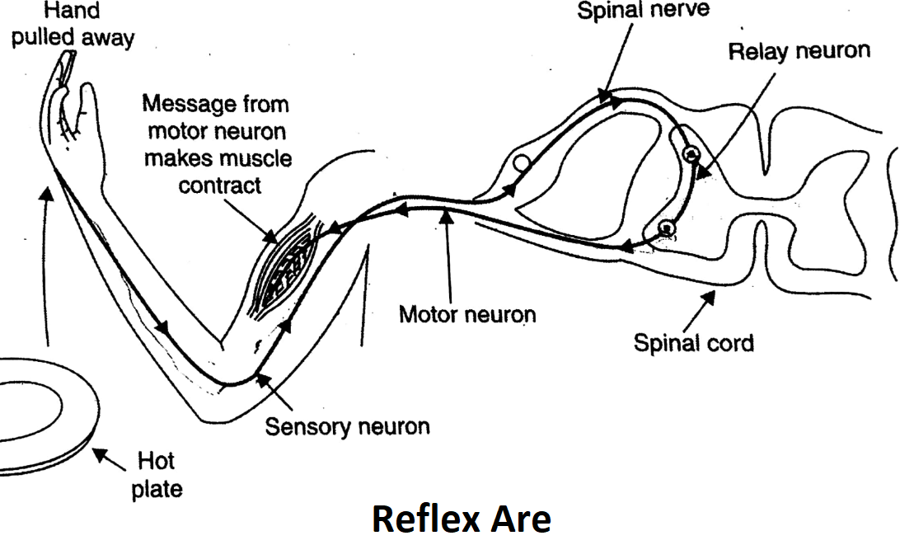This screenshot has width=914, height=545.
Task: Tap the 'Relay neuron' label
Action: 799,52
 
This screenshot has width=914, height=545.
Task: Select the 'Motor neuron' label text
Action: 466,314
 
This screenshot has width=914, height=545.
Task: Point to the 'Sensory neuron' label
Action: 347,427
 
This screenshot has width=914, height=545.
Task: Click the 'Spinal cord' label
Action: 693,343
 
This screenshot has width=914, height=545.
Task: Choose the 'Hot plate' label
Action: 160,473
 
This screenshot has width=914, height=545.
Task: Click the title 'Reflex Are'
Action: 461,519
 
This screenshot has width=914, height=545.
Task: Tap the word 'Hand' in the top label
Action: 73,12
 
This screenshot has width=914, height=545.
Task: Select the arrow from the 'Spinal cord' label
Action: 697,305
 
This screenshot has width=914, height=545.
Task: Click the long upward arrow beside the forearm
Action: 48,264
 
